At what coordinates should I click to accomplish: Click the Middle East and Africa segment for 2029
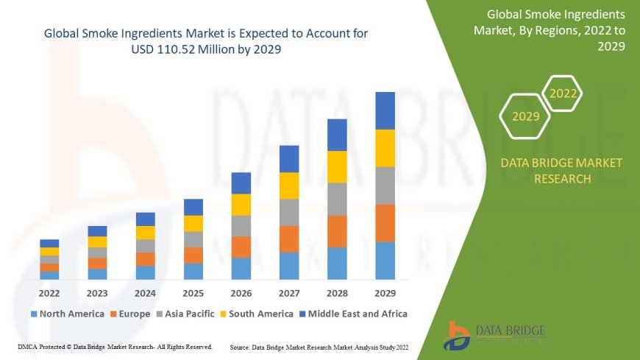tap(385, 110)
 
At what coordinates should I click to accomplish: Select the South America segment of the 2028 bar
tap(337, 166)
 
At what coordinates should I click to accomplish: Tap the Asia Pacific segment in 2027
tap(289, 212)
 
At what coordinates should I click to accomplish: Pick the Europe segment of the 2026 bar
tap(241, 247)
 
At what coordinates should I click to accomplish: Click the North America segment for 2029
tap(385, 261)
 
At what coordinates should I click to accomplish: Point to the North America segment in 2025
tap(193, 272)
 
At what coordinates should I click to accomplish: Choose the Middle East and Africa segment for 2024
tap(146, 219)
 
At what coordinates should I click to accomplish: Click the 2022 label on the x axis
tap(49, 292)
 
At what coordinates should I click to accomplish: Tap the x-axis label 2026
tap(241, 292)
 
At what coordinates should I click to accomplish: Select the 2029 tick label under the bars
tap(385, 292)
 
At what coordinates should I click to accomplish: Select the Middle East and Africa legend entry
tap(354, 314)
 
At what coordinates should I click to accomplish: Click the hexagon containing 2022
tap(563, 93)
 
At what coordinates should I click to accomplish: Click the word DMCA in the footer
tap(27, 346)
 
